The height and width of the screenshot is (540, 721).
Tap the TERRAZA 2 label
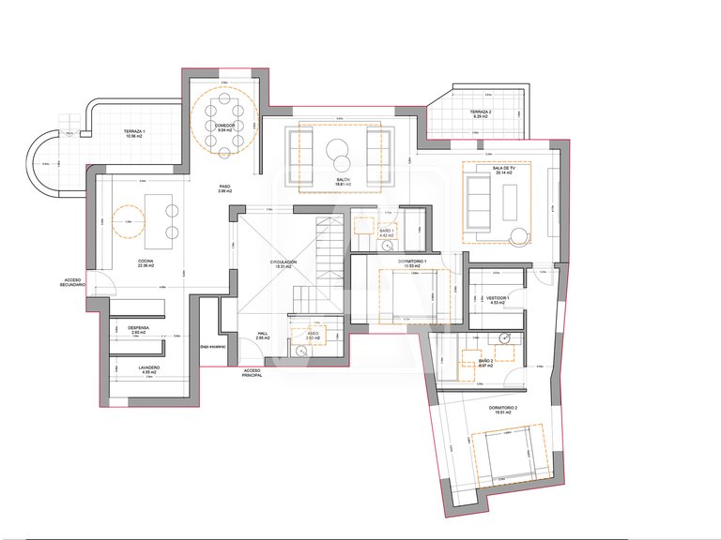click(482, 112)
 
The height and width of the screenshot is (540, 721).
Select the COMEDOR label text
click(225, 125)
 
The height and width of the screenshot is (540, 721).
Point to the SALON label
click(343, 179)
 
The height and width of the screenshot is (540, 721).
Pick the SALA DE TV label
click(494, 167)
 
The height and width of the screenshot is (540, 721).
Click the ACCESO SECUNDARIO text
click(74, 282)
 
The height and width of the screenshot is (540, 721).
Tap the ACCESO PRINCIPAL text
click(252, 372)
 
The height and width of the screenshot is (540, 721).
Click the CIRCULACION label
click(284, 262)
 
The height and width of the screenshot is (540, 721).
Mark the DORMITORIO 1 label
click(412, 261)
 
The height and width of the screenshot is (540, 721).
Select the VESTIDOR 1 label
click(499, 298)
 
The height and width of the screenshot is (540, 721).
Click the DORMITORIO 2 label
click(503, 408)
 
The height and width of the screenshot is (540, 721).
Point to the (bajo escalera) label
click(213, 347)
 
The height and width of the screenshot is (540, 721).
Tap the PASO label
click(224, 186)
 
